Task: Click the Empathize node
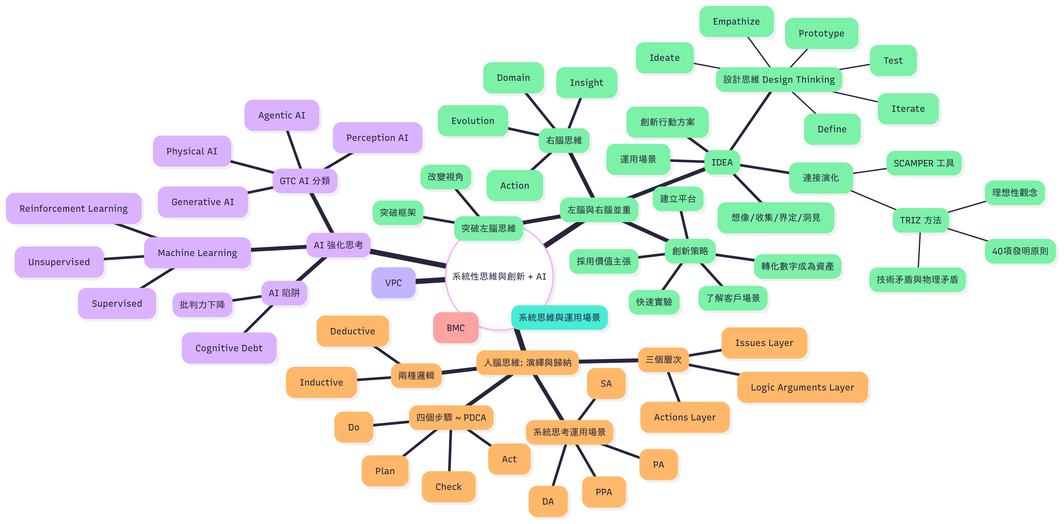coord(736,22)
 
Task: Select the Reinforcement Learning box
coord(73,208)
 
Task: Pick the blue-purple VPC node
coord(393,283)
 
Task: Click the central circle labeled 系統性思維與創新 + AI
coord(499,277)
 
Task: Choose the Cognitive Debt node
coord(229,348)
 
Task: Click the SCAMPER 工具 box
coord(924,163)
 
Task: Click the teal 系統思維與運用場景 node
coord(559,317)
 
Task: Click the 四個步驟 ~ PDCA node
coord(451,417)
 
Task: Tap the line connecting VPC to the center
coord(430,281)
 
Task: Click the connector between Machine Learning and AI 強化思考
coord(279,248)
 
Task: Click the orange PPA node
coord(603,492)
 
